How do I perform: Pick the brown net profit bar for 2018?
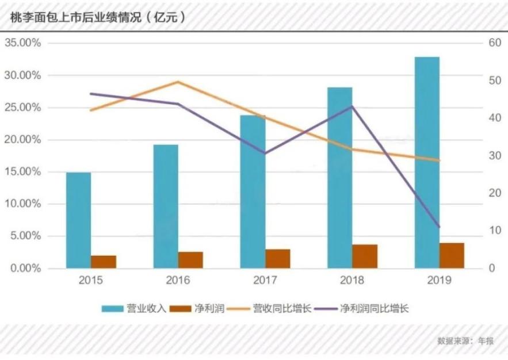365,256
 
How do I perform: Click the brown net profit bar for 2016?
190,259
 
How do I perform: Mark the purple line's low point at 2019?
439,227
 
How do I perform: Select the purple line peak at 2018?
352,106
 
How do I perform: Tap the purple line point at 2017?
265,154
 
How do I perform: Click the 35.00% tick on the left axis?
23,43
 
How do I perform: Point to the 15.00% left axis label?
23,172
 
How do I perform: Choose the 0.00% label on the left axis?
25,268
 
